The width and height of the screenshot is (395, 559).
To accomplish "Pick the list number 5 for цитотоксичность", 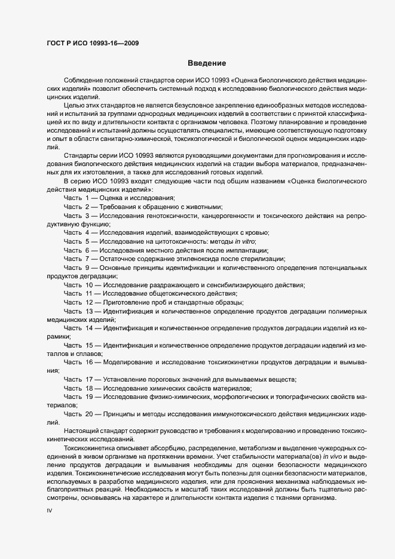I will [x=87, y=241].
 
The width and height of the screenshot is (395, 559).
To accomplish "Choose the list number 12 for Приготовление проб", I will [x=88, y=302].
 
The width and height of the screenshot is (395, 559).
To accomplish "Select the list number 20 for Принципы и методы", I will [x=88, y=413].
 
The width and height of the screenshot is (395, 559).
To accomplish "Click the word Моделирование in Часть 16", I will [x=128, y=362].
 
